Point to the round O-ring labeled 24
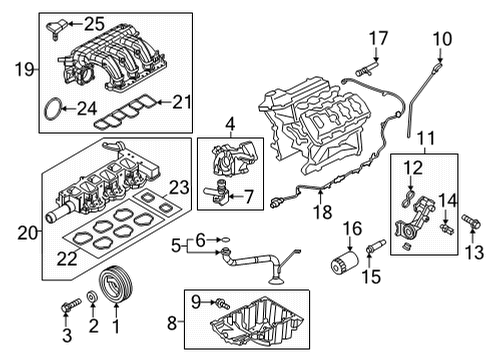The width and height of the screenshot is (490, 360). point(56,114)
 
